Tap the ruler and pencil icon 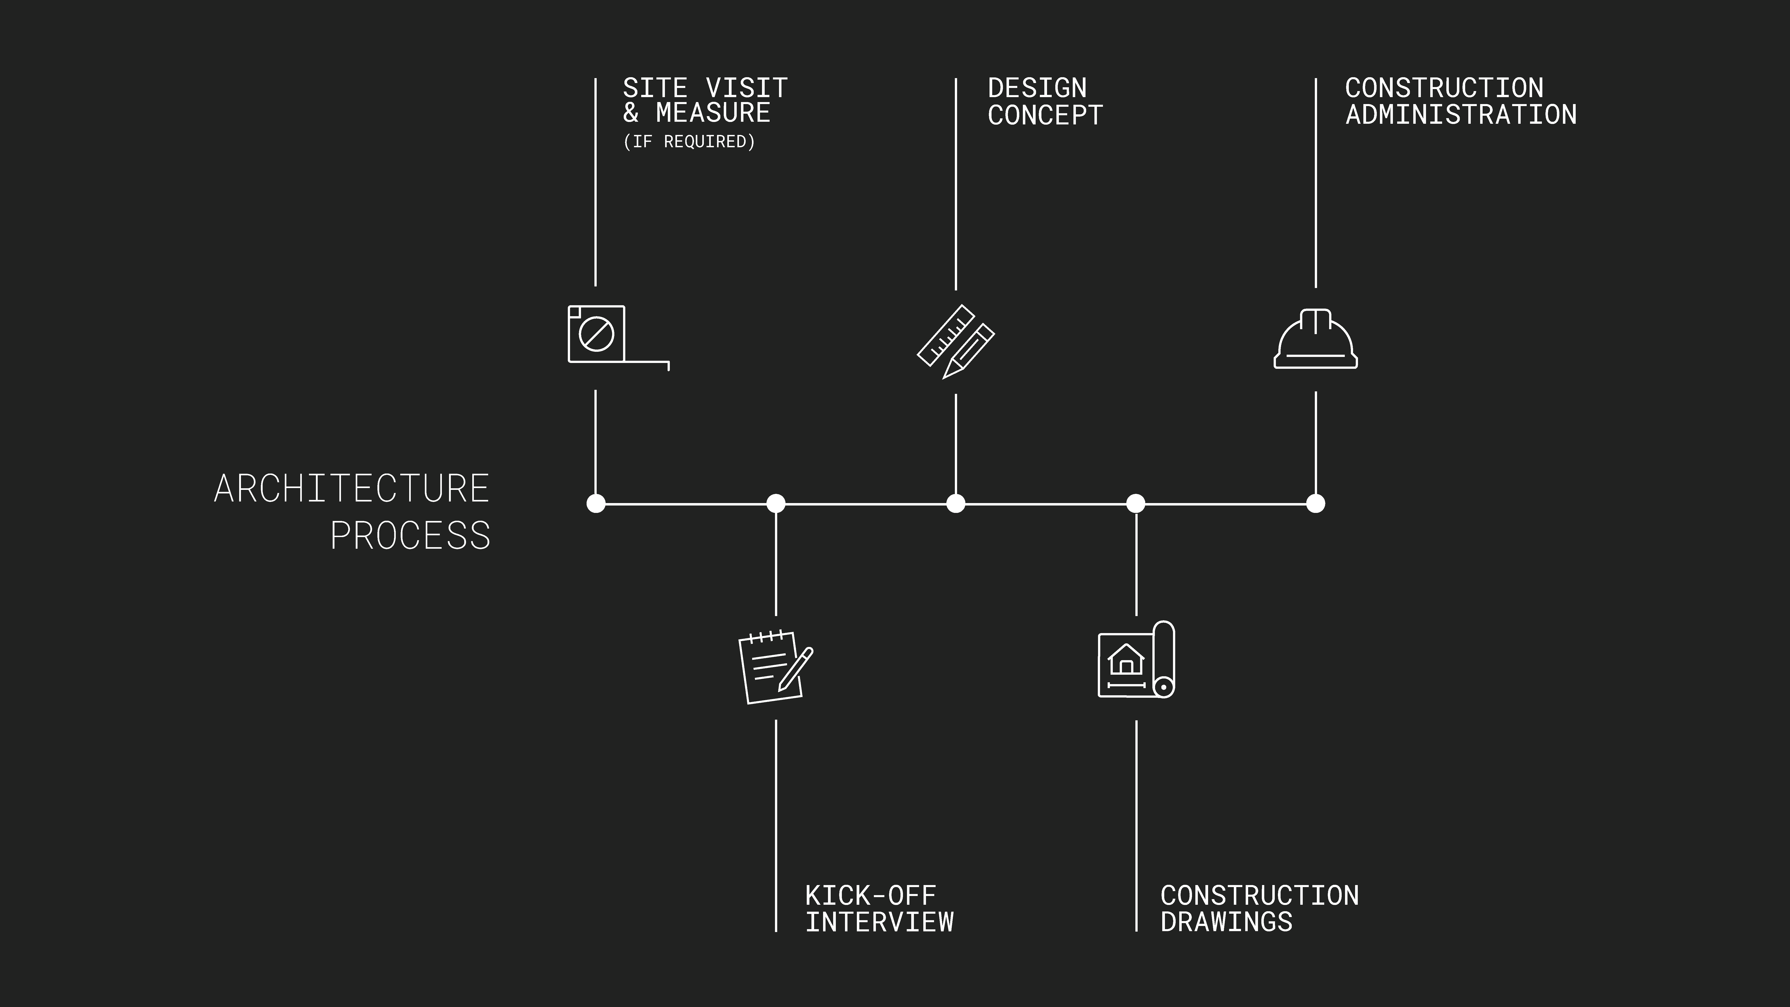[x=956, y=341]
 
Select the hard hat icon [x=1315, y=339]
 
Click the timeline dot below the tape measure [x=596, y=503]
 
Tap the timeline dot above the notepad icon [x=775, y=503]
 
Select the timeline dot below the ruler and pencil [x=956, y=503]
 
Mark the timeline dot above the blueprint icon [x=1135, y=503]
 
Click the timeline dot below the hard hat [x=1315, y=503]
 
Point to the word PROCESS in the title [x=410, y=535]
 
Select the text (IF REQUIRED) [x=689, y=142]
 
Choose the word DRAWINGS [x=1226, y=922]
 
